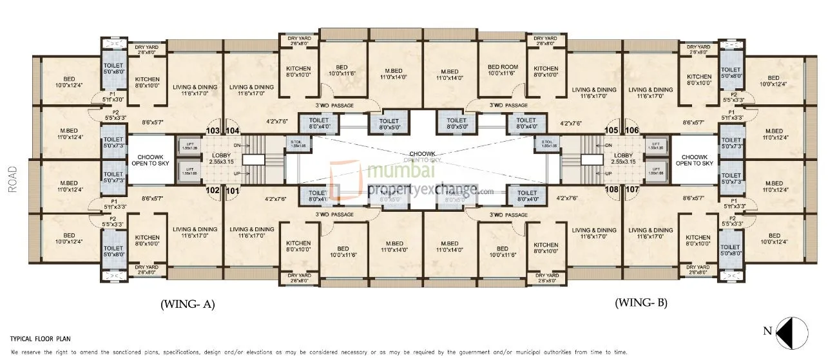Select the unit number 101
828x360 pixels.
click(232, 190)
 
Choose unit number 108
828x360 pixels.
click(611, 190)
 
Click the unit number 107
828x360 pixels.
click(631, 190)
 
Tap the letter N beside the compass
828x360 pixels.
click(767, 332)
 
